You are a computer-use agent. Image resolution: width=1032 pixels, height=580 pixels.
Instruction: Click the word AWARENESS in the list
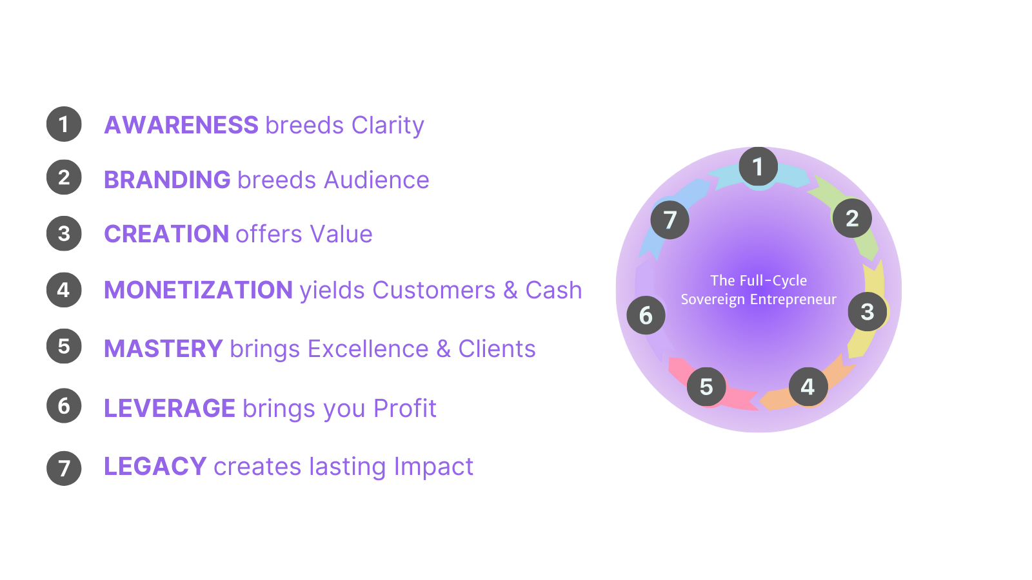tap(181, 125)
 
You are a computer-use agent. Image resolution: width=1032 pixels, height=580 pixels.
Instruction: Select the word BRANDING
tap(167, 180)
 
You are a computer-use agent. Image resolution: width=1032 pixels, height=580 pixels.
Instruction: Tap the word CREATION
tap(166, 234)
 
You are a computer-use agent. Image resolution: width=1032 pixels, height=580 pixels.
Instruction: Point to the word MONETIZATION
tap(199, 290)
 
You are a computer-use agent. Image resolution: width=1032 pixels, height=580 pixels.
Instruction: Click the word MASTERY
tap(164, 349)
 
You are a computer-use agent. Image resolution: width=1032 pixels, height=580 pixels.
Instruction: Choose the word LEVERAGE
tap(170, 408)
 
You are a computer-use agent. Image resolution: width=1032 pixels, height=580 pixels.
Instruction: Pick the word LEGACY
tap(155, 467)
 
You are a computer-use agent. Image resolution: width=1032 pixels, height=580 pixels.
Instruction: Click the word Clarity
tap(388, 126)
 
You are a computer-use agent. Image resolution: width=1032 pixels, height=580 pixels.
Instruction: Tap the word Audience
tap(377, 180)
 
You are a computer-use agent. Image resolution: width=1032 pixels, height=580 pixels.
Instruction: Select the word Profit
tap(405, 408)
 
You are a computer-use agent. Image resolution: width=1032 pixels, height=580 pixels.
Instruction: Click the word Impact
tap(433, 467)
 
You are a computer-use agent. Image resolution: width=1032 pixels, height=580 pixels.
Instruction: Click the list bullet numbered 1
tap(64, 124)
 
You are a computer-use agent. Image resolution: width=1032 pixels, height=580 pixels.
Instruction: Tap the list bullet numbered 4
tap(64, 290)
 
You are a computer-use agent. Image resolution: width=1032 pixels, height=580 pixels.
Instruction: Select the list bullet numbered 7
tap(64, 468)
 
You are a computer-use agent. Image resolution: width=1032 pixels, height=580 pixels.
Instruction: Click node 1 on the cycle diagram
tap(759, 167)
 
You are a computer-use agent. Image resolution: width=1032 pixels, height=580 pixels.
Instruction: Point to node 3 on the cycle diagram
tap(868, 312)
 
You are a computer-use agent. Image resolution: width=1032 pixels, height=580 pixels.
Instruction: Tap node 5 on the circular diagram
tap(706, 387)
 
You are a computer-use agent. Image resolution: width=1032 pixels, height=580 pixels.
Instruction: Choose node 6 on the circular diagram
tap(646, 315)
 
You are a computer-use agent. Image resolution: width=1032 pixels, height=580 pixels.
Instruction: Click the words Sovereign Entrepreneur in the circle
tap(759, 300)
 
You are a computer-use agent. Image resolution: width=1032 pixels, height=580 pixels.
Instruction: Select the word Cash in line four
tap(554, 290)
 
